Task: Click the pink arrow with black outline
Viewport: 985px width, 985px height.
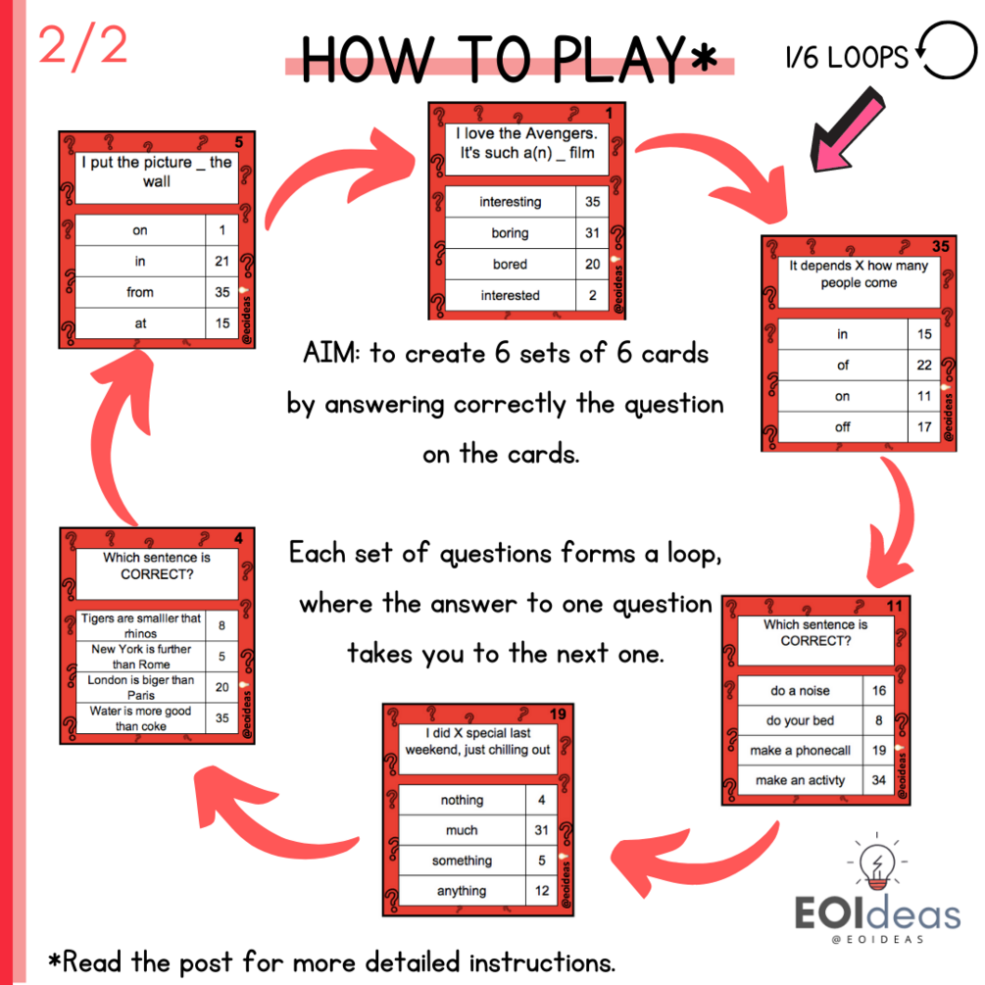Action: (847, 130)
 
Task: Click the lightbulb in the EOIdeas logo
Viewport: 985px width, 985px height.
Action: (877, 864)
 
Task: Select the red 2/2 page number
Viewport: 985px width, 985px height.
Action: (83, 45)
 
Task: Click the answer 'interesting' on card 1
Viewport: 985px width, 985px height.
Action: (510, 202)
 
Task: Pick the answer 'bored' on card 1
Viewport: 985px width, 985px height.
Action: (510, 264)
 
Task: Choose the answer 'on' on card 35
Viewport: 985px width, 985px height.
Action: (843, 396)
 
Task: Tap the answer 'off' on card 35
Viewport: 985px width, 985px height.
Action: (843, 427)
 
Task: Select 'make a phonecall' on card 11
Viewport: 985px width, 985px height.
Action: (800, 751)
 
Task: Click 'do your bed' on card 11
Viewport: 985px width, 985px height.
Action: (800, 720)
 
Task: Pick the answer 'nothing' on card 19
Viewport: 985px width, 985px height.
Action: (462, 800)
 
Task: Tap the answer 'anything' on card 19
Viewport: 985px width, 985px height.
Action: (462, 891)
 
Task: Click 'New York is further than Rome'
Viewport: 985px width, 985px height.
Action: (141, 657)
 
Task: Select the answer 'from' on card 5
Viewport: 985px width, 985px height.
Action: (139, 292)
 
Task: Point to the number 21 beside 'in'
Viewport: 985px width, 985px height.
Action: (222, 262)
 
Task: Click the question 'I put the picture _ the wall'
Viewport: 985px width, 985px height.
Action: (157, 172)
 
